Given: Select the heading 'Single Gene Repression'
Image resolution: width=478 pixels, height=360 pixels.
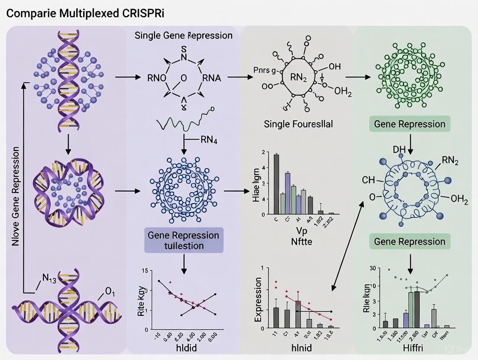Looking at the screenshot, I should click(183, 35).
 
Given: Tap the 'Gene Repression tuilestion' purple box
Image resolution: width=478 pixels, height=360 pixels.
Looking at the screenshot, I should click(184, 241).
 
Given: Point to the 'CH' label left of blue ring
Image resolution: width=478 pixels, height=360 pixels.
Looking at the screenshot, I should click(368, 180).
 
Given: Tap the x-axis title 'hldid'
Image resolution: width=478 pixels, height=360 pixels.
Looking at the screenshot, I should click(184, 347).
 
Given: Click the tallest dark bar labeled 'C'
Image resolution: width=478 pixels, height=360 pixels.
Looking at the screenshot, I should click(276, 184).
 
